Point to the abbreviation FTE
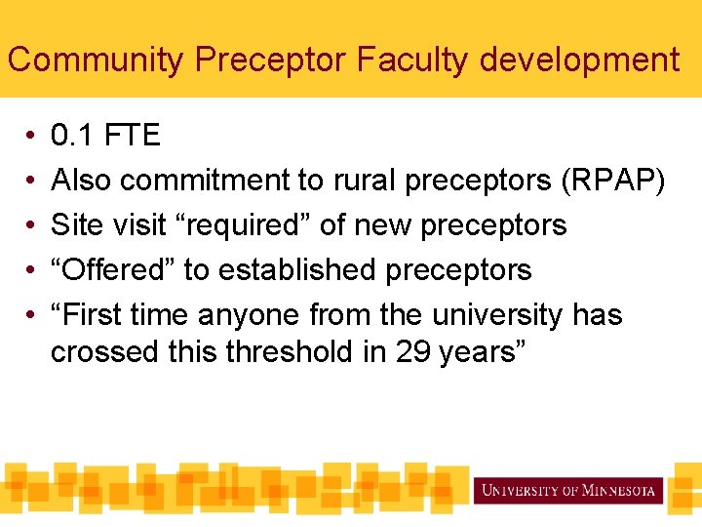coord(132,135)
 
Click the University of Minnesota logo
coord(567,490)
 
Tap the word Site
coord(73,225)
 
